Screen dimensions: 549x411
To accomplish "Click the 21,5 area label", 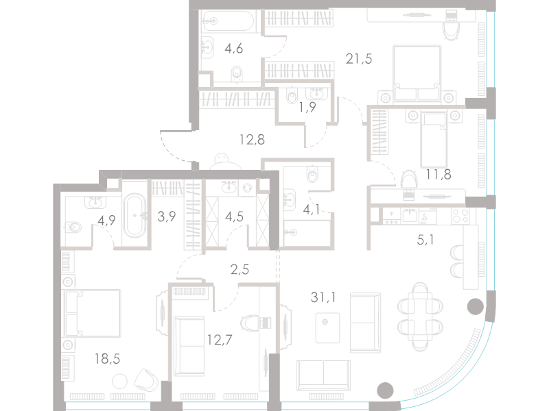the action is [358, 59].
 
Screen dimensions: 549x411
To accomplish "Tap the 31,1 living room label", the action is [323, 297].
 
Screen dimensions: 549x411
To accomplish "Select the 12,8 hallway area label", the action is [252, 140].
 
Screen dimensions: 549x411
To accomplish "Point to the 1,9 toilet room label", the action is [307, 107].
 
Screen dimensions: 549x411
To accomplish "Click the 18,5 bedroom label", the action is [107, 358].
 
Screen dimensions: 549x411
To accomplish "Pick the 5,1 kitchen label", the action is [425, 240].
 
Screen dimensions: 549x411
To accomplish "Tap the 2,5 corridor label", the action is [240, 269].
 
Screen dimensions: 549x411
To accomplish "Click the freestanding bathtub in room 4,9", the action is [135, 215].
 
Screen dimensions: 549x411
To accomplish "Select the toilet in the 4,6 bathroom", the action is [237, 74].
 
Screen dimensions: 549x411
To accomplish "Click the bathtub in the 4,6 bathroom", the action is [228, 21].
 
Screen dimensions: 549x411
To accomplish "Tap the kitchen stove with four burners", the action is [460, 216].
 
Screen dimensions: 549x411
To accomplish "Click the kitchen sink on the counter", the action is [410, 215].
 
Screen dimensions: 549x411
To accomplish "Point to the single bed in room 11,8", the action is [434, 140].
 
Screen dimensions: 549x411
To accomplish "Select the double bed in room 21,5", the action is [417, 74].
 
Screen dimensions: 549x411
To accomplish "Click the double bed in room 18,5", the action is [92, 313].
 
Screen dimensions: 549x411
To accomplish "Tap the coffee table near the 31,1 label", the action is [327, 328].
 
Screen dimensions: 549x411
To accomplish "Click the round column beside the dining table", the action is [475, 306].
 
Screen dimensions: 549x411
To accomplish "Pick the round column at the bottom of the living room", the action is [385, 390].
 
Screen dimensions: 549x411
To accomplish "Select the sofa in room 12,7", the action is [189, 346].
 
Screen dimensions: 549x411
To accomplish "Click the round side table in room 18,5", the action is [119, 381].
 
